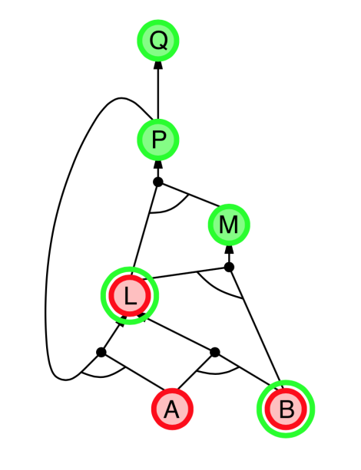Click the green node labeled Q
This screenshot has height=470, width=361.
click(x=158, y=40)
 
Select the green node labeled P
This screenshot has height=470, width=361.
click(x=158, y=140)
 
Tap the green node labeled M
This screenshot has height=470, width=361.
click(x=229, y=225)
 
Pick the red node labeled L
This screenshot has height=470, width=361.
click(x=130, y=295)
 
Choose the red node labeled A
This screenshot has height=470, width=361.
click(x=172, y=409)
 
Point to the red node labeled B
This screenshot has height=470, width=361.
click(x=286, y=409)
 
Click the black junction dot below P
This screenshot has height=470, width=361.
click(x=158, y=182)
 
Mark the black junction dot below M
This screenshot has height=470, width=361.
click(x=229, y=267)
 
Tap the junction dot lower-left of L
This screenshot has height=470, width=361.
click(x=101, y=352)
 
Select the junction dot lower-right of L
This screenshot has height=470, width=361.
click(x=215, y=352)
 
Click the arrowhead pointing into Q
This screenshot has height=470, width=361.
click(x=158, y=65)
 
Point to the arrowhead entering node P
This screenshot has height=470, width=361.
click(x=158, y=165)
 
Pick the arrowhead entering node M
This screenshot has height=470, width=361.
click(x=229, y=250)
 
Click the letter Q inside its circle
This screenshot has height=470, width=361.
click(x=158, y=41)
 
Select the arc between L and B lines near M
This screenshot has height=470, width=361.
click(x=217, y=288)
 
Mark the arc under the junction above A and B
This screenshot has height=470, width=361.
click(x=217, y=373)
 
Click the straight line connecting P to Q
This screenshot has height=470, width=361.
click(x=158, y=94)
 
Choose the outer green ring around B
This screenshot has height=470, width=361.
click(x=286, y=381)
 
